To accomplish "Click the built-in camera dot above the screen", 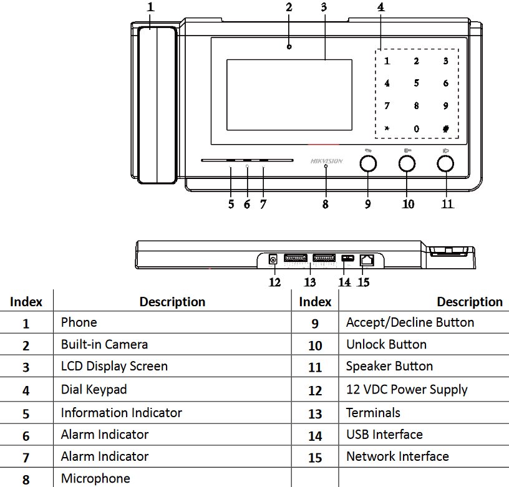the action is pos(289,47).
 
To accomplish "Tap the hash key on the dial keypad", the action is pos(446,129).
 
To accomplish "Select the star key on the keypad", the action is pos(387,128).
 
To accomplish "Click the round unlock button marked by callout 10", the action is pos(407,163).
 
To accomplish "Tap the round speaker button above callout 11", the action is pos(445,163).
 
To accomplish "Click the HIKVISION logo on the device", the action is pos(326,161).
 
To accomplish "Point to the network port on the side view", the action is pos(367,260).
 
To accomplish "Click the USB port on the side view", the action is pos(347,258).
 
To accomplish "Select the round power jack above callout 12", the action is pos(273,259).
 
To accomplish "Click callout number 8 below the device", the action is pos(325,204).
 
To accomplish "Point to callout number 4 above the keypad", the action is pos(381,7).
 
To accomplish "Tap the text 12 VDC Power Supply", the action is pos(407,390).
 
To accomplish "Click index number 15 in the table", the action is pos(315,458).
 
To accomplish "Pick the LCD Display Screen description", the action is pos(114,366).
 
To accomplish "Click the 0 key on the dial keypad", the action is pos(417,129).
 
